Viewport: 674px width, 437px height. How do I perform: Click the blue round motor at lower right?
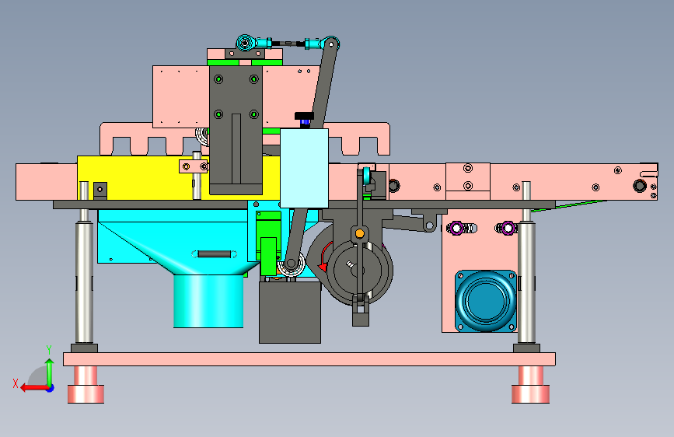[486, 301]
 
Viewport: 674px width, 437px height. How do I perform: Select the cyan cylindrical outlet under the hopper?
[208, 301]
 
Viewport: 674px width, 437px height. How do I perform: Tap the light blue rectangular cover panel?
[304, 168]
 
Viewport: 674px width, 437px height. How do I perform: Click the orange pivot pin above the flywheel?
[360, 233]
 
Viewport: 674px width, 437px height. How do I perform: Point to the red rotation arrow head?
[322, 267]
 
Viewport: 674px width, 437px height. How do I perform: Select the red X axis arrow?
[35, 388]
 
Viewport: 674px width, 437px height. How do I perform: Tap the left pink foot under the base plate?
[86, 385]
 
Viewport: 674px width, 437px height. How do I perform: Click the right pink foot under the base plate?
[530, 385]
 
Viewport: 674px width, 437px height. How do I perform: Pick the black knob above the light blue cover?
[304, 116]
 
